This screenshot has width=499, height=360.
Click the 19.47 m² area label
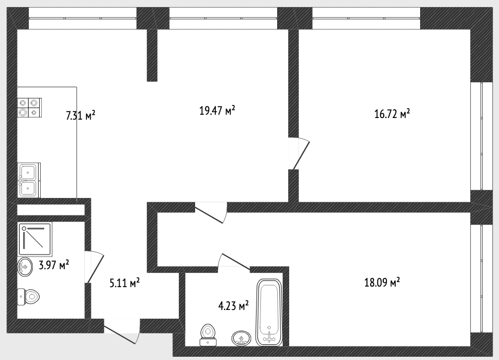217,110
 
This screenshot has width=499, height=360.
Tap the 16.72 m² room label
392,114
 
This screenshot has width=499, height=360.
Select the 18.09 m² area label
382,282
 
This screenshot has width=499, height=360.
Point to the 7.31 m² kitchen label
80,115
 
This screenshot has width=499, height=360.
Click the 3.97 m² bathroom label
54,265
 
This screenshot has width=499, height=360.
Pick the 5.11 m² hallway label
124,283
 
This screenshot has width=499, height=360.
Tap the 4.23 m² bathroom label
233,306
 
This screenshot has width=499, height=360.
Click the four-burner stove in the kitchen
29,108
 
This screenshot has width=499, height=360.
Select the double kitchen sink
29,180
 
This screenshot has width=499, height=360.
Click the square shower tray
35,239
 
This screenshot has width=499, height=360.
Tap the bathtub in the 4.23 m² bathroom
269,312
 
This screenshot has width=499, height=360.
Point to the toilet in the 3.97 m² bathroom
28,297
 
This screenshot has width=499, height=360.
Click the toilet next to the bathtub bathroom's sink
208,335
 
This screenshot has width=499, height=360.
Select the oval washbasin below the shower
25,267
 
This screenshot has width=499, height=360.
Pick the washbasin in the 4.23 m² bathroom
241,338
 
